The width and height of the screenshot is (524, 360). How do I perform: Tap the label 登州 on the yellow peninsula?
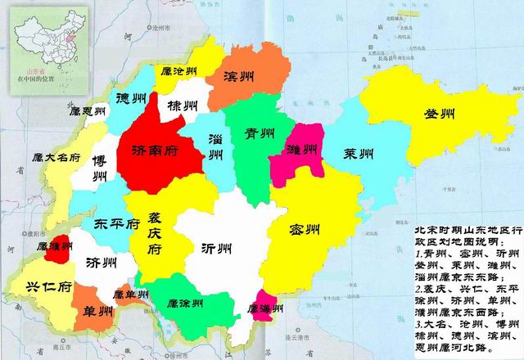pyautogui.click(x=435, y=114)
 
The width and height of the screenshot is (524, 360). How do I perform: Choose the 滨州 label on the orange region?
pyautogui.click(x=246, y=76)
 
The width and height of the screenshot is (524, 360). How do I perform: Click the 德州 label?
pyautogui.click(x=130, y=100)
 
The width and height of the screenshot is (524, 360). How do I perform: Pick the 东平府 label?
pyautogui.click(x=112, y=223)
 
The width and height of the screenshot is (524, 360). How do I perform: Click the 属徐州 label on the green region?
pyautogui.click(x=184, y=303)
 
